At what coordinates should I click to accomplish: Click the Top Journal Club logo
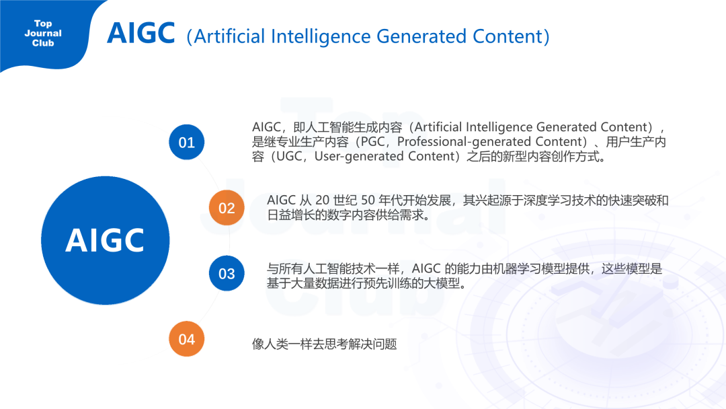[43, 34]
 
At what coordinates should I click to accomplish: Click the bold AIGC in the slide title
[140, 33]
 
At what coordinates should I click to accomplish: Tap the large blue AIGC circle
[105, 240]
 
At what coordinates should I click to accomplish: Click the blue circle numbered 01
[186, 143]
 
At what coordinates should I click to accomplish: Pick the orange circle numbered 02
[227, 208]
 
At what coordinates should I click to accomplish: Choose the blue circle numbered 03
[227, 273]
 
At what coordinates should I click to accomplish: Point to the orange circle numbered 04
[186, 339]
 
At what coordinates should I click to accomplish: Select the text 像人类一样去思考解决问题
[325, 344]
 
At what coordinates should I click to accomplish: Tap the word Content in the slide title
[504, 36]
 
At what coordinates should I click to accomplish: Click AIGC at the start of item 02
[282, 200]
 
